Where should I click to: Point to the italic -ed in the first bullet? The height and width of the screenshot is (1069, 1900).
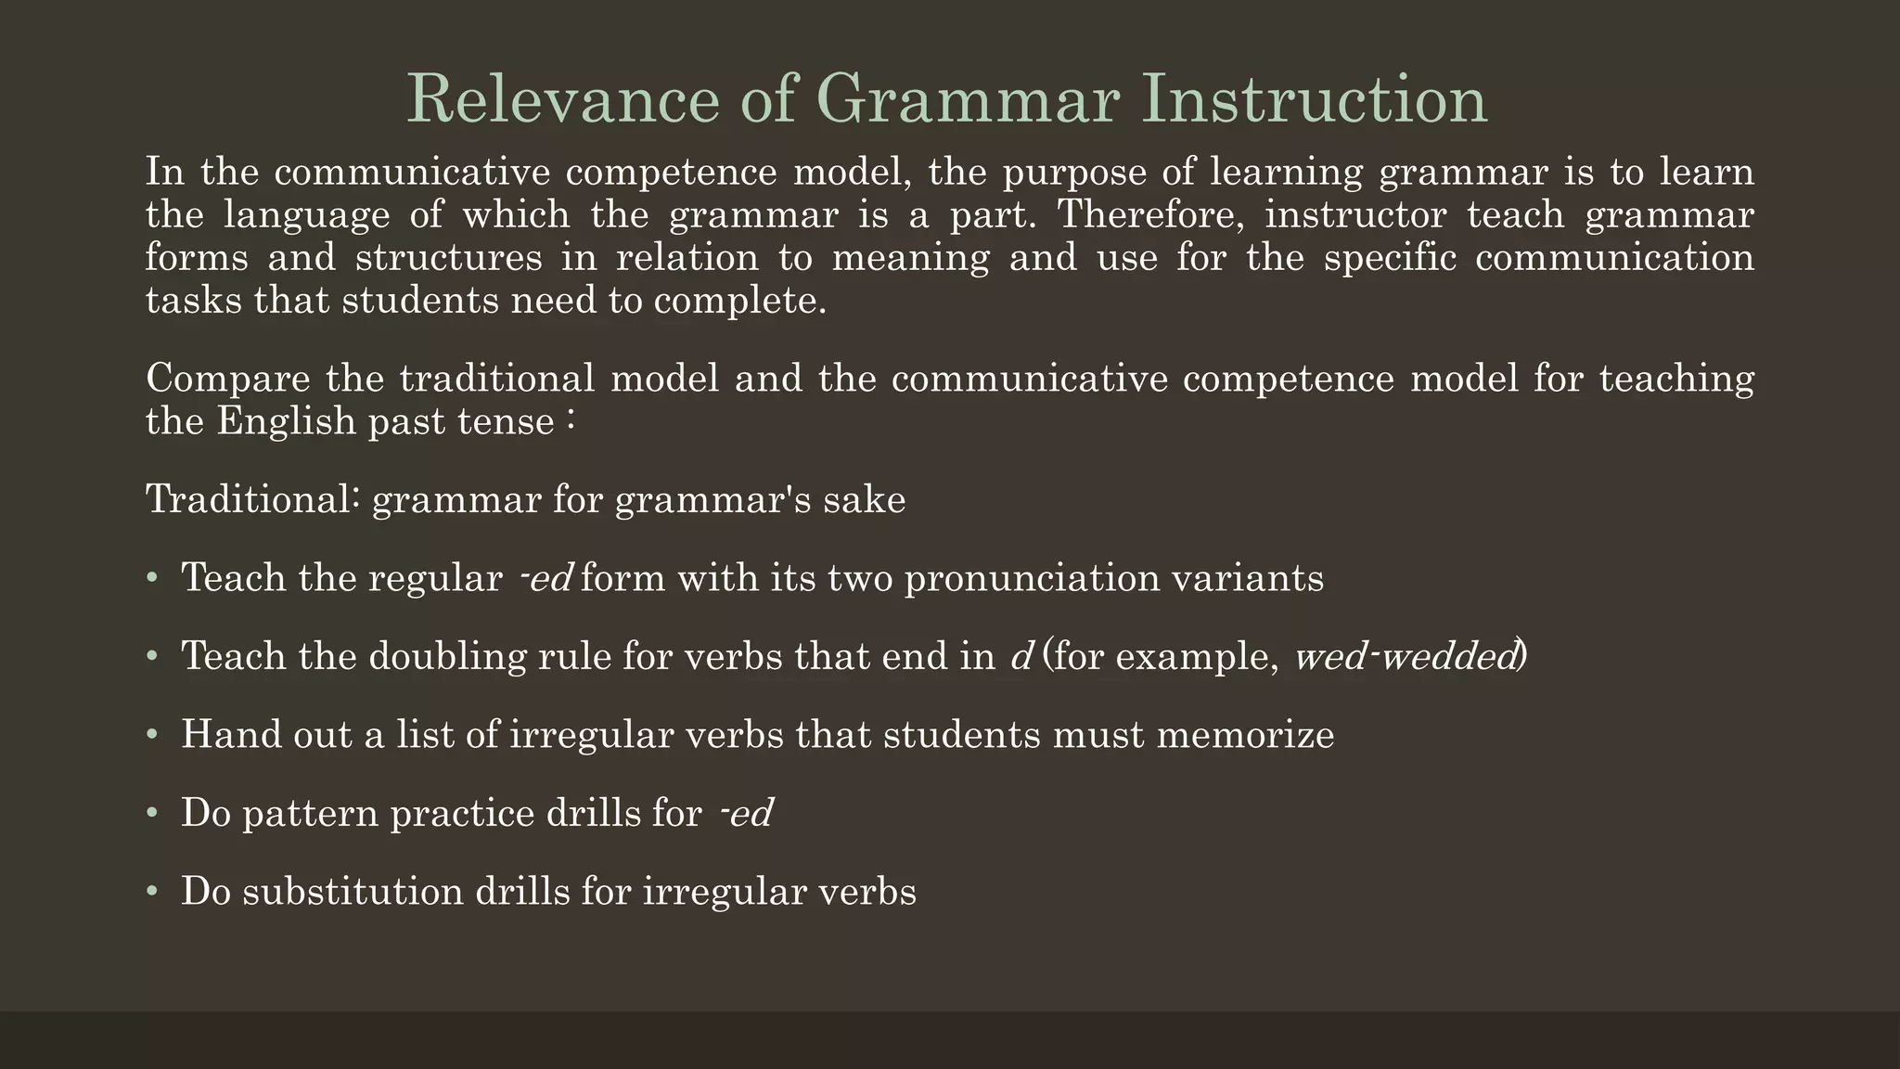(547, 578)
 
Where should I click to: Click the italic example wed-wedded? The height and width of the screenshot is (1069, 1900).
(1406, 657)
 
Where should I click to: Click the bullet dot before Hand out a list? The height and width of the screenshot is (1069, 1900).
(152, 735)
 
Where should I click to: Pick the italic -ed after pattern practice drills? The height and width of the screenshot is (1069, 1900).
(747, 814)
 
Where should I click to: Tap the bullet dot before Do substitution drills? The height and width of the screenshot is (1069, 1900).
(152, 892)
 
